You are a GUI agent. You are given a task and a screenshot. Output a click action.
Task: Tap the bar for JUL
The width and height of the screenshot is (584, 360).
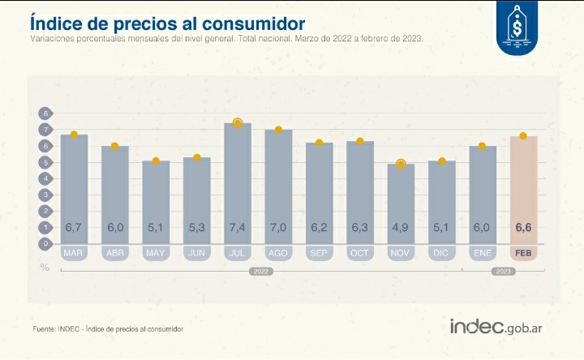pyautogui.click(x=238, y=182)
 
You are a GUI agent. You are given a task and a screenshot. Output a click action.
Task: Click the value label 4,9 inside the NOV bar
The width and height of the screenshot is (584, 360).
pyautogui.click(x=401, y=229)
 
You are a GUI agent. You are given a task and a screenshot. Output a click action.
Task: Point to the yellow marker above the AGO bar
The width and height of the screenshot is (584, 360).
pyautogui.click(x=278, y=130)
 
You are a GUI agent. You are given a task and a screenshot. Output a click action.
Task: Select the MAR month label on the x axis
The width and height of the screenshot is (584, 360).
pyautogui.click(x=74, y=254)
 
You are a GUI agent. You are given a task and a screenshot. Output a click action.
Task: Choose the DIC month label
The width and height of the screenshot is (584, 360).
pyautogui.click(x=441, y=254)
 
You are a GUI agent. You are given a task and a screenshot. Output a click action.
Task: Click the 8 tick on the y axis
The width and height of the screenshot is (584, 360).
pyautogui.click(x=46, y=114)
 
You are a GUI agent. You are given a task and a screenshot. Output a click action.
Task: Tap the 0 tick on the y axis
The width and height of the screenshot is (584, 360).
pyautogui.click(x=46, y=242)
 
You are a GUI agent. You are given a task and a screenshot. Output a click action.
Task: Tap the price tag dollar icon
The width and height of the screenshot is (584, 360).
pyautogui.click(x=515, y=28)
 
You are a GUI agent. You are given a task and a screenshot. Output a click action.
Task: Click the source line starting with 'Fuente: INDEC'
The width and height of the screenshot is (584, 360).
pyautogui.click(x=108, y=329)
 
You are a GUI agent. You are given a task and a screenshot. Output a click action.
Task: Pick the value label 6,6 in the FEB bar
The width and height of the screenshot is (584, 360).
pyautogui.click(x=523, y=229)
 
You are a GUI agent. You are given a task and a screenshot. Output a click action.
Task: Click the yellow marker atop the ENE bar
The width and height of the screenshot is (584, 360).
pyautogui.click(x=482, y=146)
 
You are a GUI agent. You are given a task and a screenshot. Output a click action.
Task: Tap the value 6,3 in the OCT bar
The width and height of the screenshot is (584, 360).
pyautogui.click(x=359, y=229)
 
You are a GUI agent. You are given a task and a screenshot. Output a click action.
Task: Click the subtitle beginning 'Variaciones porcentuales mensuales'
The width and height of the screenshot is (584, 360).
pyautogui.click(x=226, y=38)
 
